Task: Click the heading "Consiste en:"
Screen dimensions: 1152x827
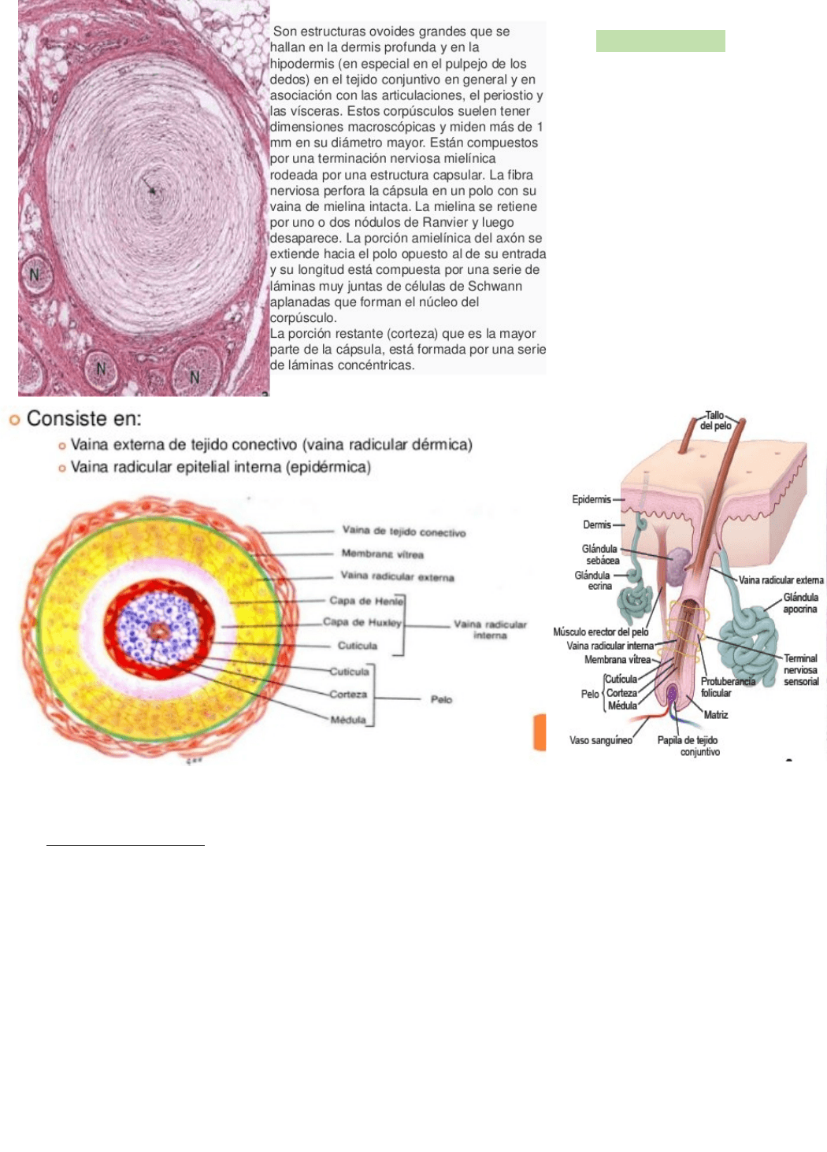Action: coord(83,419)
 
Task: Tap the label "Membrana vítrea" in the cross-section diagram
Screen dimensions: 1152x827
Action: coord(382,554)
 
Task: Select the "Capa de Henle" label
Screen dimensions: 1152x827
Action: coord(365,601)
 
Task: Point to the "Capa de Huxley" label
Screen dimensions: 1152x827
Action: coord(362,622)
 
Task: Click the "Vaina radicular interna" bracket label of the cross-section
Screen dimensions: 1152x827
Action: coord(490,630)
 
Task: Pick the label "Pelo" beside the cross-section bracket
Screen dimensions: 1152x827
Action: coord(441,699)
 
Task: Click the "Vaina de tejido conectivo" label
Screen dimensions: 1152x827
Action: coord(403,532)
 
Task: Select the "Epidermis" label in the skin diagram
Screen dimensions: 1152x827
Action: coord(591,499)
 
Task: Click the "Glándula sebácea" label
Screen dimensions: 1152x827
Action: coord(600,554)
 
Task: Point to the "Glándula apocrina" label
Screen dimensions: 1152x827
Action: coord(800,603)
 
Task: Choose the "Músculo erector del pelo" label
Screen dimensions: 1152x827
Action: coord(600,632)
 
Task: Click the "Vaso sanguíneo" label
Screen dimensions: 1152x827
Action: coord(600,740)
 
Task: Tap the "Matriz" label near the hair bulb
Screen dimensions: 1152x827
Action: coord(715,715)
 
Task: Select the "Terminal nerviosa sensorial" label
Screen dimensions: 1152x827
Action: coord(800,670)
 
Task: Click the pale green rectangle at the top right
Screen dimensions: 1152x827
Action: coord(660,41)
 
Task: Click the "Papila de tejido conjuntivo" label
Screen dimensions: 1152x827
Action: coord(688,746)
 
